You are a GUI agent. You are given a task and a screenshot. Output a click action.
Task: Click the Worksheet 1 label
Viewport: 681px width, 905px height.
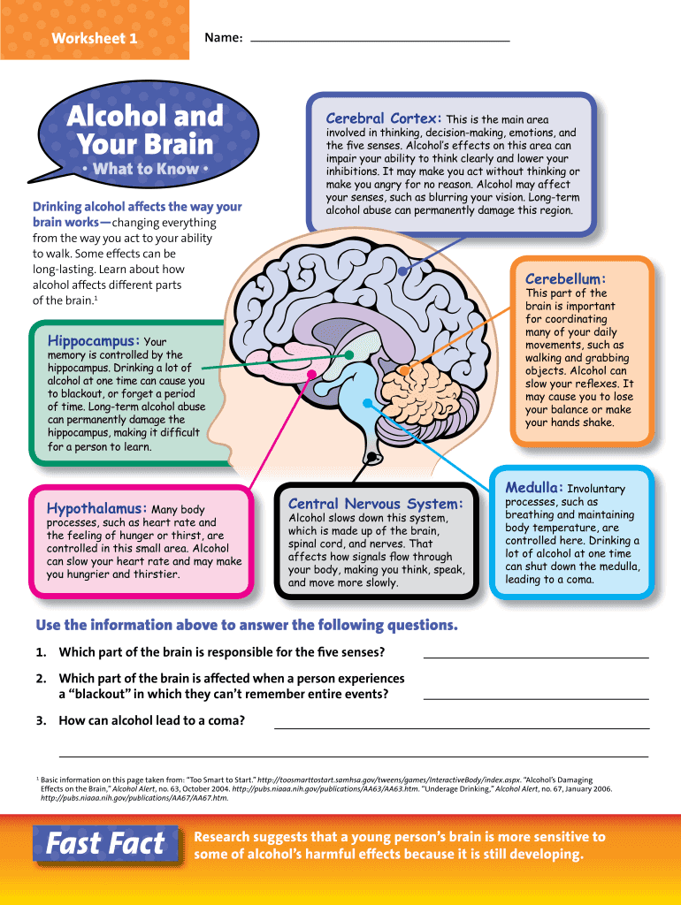click(x=95, y=39)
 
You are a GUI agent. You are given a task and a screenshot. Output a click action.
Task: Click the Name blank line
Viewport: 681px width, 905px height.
click(x=380, y=41)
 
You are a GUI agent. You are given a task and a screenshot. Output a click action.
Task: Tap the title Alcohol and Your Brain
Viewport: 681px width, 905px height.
click(x=145, y=129)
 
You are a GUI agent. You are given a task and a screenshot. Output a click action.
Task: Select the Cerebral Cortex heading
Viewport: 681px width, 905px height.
click(x=384, y=118)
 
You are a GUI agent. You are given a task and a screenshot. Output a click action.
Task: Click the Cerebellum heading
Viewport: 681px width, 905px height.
click(x=565, y=278)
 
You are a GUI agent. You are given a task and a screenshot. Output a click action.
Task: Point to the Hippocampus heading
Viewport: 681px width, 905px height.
click(x=94, y=340)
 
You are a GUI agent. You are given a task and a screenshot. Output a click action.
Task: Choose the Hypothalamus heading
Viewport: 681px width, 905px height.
click(x=96, y=509)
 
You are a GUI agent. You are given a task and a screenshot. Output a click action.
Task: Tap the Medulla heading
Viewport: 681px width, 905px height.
click(x=534, y=487)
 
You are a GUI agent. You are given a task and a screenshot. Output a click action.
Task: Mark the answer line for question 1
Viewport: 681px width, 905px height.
click(x=536, y=658)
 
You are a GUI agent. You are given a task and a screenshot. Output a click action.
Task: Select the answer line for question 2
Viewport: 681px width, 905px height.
click(x=536, y=697)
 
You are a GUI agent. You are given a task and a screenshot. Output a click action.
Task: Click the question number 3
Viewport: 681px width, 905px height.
click(x=42, y=720)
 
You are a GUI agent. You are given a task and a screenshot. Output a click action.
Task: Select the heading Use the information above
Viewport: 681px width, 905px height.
click(x=247, y=626)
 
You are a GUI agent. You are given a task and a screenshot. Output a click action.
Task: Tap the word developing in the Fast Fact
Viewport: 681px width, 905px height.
click(x=540, y=854)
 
